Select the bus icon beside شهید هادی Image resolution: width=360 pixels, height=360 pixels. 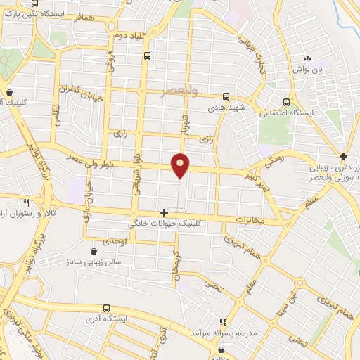click(x=226, y=97)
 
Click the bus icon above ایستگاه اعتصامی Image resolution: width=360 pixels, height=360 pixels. click(x=285, y=101)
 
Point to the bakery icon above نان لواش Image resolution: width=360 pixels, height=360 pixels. click(x=307, y=58)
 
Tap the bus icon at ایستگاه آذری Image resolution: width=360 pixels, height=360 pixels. click(x=106, y=308)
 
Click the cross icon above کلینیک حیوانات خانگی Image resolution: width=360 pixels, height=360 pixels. click(x=164, y=212)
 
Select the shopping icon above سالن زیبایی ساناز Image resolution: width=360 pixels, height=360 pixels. click(x=94, y=250)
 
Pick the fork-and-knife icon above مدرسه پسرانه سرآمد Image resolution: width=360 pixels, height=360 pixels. click(x=222, y=321)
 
